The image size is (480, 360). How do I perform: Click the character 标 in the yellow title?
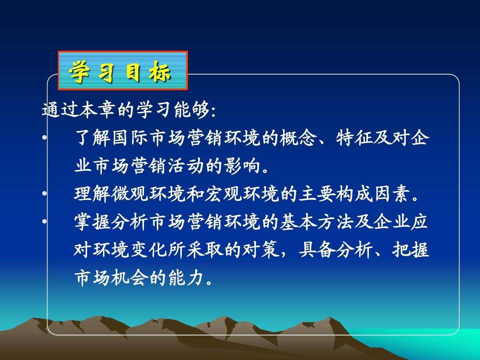tap(160, 72)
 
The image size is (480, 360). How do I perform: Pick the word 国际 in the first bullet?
tap(130, 137)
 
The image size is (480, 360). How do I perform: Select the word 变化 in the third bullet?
tap(148, 250)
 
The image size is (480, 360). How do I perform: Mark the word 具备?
tap(317, 250)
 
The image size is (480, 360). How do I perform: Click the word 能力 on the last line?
tap(186, 278)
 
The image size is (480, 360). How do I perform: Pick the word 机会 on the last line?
tap(130, 278)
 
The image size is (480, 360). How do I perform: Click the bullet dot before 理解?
tap(45, 193)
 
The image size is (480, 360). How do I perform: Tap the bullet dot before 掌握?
tap(45, 221)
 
